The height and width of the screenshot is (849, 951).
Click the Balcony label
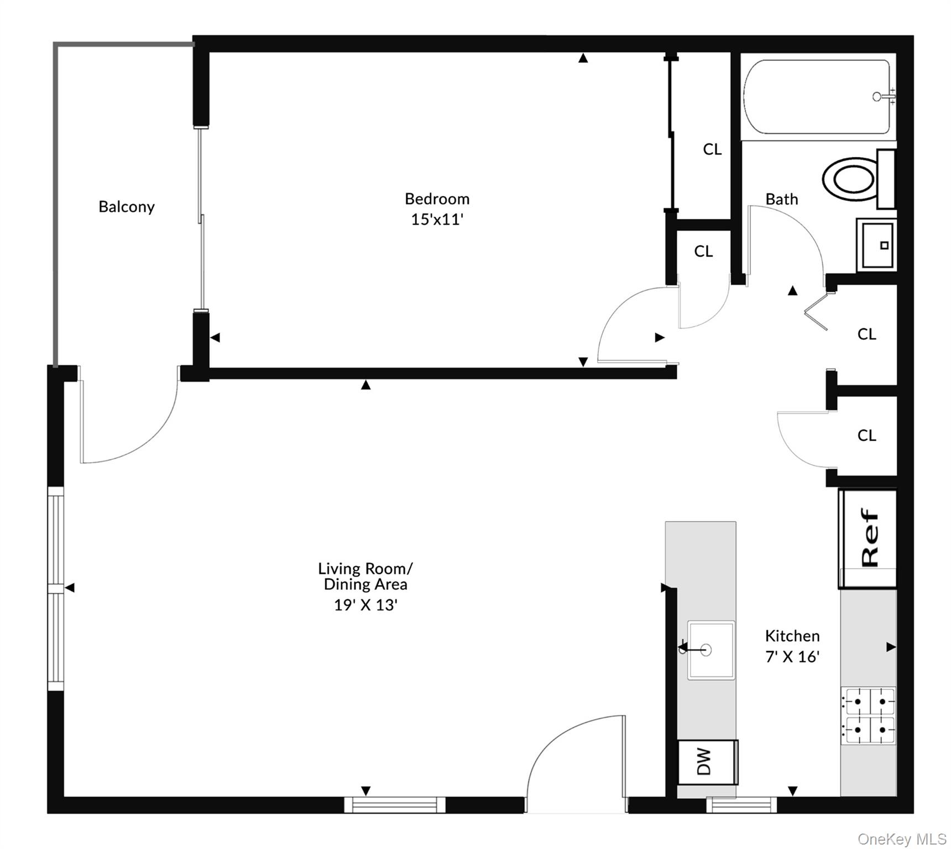coord(127,207)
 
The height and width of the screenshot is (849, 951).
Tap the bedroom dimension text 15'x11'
coord(437,219)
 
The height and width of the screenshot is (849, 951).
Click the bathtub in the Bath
coord(817,97)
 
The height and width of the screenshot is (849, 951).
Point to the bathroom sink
coord(876,244)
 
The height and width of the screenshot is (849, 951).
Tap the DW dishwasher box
coord(706,762)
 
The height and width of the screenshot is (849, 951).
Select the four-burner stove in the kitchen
coord(869,716)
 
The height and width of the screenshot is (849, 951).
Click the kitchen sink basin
coord(711,650)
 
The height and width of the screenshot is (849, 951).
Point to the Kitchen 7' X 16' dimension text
coord(792,656)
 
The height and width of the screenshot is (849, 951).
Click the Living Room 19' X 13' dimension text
coord(365,605)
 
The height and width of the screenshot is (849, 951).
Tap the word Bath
coord(781,199)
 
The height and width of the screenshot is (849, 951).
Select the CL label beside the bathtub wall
coord(712,149)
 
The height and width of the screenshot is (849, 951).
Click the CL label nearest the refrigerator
coord(866,436)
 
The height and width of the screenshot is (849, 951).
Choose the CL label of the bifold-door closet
coord(866,334)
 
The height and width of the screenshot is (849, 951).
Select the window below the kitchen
coord(741,804)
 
